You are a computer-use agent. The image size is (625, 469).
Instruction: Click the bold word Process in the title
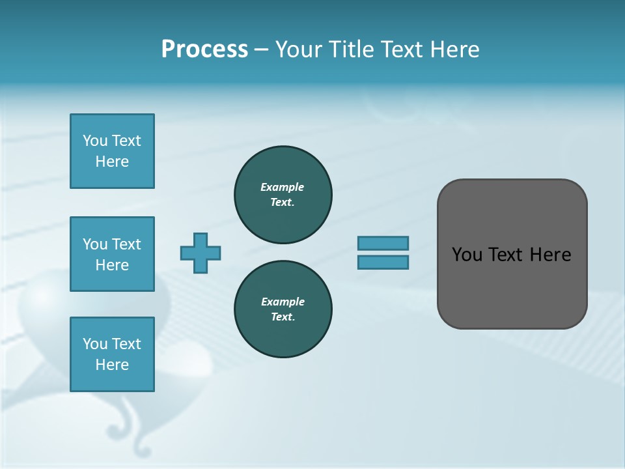204,49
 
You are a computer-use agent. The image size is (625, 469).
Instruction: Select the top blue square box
112,151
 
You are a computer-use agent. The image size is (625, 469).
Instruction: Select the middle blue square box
112,254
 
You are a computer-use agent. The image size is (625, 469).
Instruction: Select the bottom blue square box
112,354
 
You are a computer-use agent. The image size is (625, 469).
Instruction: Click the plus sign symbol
201,253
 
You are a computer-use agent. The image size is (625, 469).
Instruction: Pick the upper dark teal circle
283,194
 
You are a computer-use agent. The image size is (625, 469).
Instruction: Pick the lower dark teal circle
283,309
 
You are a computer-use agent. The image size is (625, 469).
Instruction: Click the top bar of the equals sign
383,243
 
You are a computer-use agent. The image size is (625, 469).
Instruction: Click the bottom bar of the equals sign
383,262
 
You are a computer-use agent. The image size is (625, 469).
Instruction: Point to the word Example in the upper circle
282,187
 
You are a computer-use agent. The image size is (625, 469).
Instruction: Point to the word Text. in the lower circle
283,317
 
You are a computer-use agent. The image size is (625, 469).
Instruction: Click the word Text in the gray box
506,255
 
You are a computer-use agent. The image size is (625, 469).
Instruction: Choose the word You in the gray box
466,255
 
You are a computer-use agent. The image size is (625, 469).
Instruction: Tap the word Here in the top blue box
112,162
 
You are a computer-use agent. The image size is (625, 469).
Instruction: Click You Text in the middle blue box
112,244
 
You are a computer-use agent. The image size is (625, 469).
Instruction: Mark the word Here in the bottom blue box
112,365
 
